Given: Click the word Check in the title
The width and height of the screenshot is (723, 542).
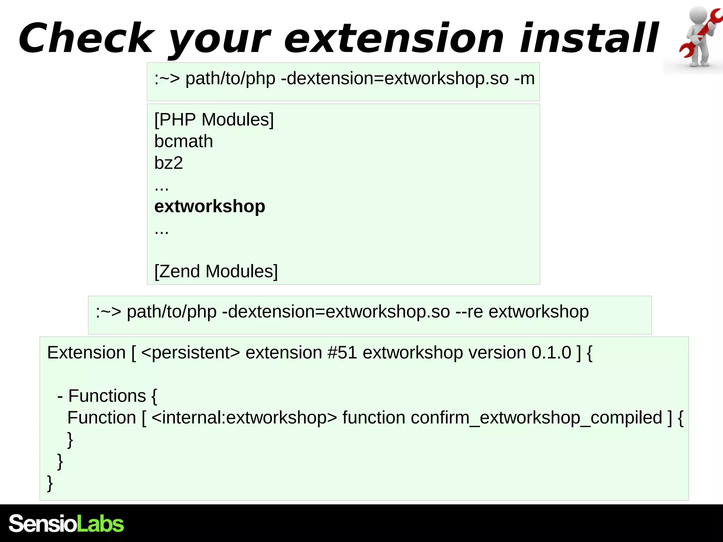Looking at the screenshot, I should (86, 38).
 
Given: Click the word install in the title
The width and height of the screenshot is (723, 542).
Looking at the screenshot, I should (588, 38).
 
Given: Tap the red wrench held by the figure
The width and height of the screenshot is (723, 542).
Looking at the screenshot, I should (701, 34).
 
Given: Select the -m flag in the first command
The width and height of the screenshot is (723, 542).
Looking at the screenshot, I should (524, 78).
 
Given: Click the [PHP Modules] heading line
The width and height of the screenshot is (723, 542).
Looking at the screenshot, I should (214, 119).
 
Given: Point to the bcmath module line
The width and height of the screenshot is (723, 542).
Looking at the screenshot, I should (184, 141).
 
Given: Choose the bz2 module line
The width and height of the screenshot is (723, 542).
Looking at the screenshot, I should (168, 163).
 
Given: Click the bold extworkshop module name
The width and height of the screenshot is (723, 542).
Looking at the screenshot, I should (210, 206).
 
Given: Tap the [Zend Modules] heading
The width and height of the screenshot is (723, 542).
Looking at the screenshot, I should (216, 271).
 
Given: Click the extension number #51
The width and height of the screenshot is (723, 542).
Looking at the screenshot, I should (342, 353).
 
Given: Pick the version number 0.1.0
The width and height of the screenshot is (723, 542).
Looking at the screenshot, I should (551, 353).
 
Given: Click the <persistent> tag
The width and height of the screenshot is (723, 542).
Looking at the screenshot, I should (190, 353).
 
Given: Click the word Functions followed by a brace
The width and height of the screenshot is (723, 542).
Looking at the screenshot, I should (107, 396).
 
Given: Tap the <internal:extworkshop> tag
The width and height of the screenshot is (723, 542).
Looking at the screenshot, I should (244, 418).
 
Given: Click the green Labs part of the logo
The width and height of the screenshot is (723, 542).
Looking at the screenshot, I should (100, 524).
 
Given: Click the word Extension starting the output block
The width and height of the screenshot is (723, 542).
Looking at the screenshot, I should (86, 353).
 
